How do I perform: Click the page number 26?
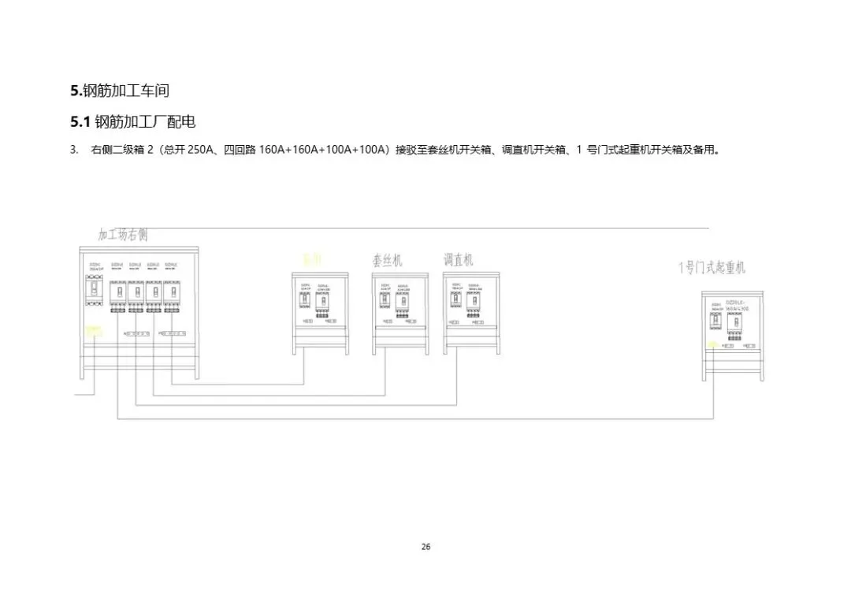point(425,547)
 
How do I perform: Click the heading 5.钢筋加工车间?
point(120,91)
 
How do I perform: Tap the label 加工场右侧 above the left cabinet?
point(123,235)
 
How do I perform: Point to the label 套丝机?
point(387,260)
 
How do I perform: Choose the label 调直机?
point(459,259)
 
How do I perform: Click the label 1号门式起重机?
point(712,268)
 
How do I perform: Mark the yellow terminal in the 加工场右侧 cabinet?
point(94,330)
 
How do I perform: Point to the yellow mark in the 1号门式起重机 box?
point(713,345)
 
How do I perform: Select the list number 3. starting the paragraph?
point(74,149)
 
